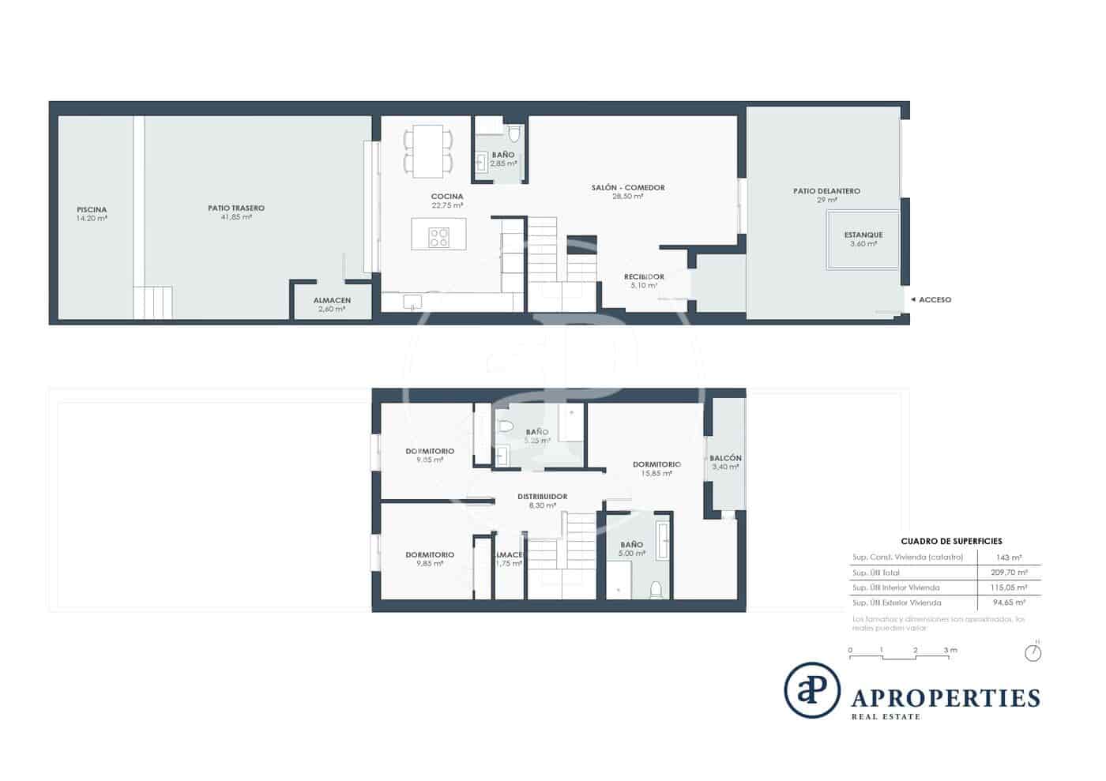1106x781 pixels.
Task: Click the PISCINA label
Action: pyautogui.click(x=92, y=210)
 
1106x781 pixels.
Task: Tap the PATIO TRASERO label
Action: pyautogui.click(x=236, y=208)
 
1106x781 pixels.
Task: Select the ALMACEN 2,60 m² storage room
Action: pyautogui.click(x=332, y=303)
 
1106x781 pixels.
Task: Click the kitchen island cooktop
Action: pyautogui.click(x=438, y=237)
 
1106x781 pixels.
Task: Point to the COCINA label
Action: pyautogui.click(x=447, y=197)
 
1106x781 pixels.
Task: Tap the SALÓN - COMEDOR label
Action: pyautogui.click(x=628, y=188)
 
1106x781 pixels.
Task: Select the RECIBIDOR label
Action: pyautogui.click(x=644, y=277)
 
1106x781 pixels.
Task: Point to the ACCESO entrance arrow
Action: pyautogui.click(x=913, y=300)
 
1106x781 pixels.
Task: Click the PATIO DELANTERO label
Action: pyautogui.click(x=826, y=191)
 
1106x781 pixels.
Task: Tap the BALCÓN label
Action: pyautogui.click(x=725, y=459)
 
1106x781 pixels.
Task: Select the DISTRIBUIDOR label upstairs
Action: pyautogui.click(x=542, y=497)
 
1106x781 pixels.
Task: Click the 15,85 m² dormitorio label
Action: pyautogui.click(x=656, y=465)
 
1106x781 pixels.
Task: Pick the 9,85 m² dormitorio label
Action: pyautogui.click(x=430, y=555)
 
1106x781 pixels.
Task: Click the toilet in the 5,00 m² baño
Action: pyautogui.click(x=655, y=588)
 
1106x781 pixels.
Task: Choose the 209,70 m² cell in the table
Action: pyautogui.click(x=1009, y=573)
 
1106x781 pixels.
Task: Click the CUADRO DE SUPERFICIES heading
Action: pyautogui.click(x=951, y=541)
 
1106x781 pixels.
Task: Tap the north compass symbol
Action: pyautogui.click(x=1033, y=652)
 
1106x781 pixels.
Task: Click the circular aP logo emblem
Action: pyautogui.click(x=811, y=689)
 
